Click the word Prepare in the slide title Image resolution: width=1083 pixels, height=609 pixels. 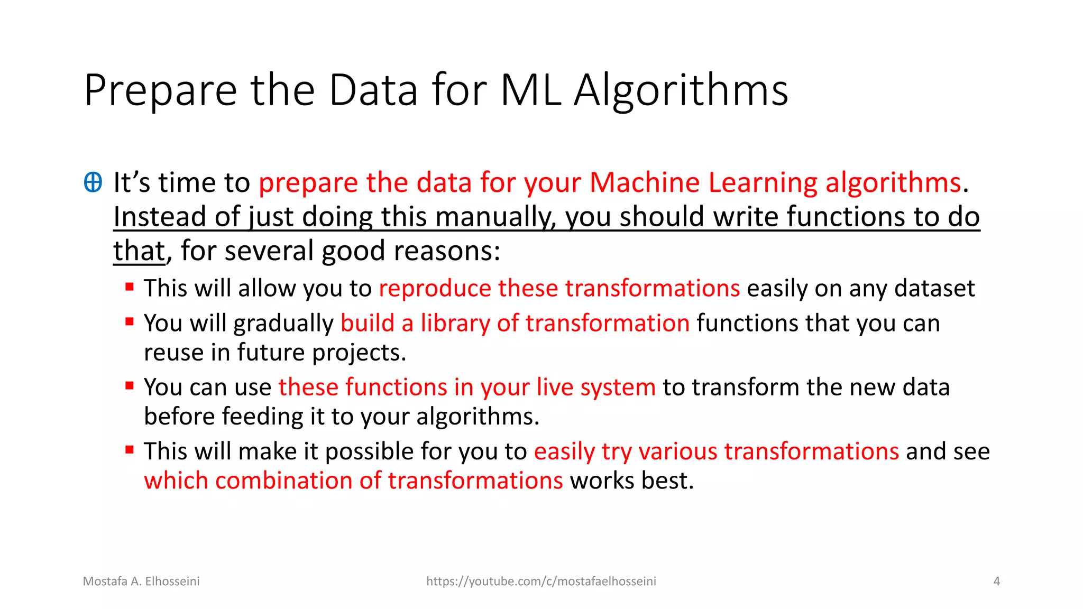click(160, 91)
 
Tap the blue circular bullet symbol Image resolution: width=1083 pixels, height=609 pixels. click(93, 182)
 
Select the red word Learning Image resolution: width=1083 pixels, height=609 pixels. click(763, 183)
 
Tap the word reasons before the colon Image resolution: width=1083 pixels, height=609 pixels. click(444, 251)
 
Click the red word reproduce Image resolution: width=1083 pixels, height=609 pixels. click(435, 289)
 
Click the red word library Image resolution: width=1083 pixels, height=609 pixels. click(455, 323)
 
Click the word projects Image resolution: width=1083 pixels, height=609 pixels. click(358, 353)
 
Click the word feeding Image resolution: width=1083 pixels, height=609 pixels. click(262, 417)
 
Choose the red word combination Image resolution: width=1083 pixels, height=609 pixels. click(283, 481)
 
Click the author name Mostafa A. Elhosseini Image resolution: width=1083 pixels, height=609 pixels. click(141, 582)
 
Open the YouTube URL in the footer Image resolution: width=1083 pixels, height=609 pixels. click(541, 582)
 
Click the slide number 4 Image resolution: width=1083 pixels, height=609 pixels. click(996, 582)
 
